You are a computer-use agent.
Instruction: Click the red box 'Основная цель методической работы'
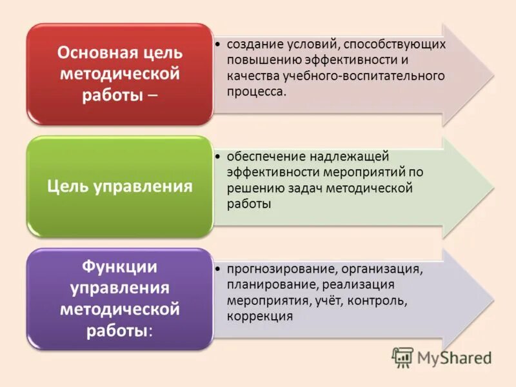[x=119, y=74]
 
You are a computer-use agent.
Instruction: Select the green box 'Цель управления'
[x=119, y=186]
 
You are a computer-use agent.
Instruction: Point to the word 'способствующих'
[x=394, y=45]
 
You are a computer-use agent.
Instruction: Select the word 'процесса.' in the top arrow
[x=255, y=91]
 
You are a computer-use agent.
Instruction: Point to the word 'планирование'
[x=268, y=284]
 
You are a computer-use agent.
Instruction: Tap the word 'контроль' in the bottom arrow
[x=384, y=301]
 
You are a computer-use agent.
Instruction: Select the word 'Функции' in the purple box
[x=119, y=266]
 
